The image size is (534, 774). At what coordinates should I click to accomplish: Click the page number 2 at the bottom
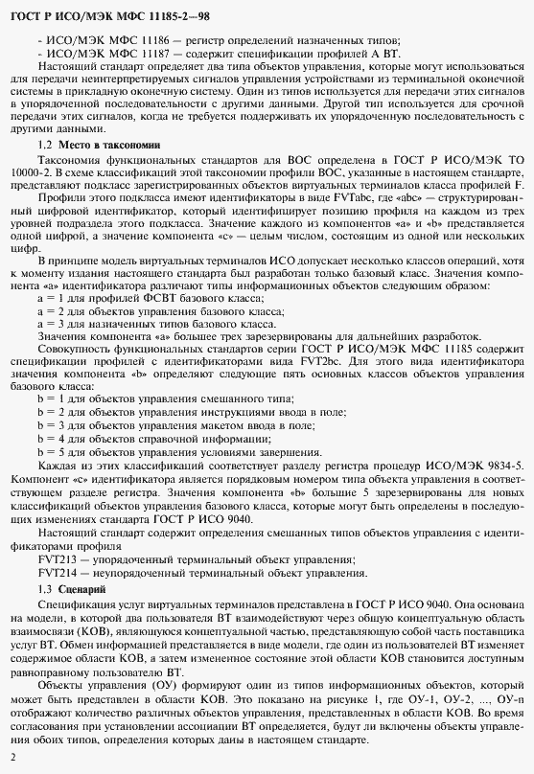pos(13,757)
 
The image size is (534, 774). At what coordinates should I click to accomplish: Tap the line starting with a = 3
pos(155,324)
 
